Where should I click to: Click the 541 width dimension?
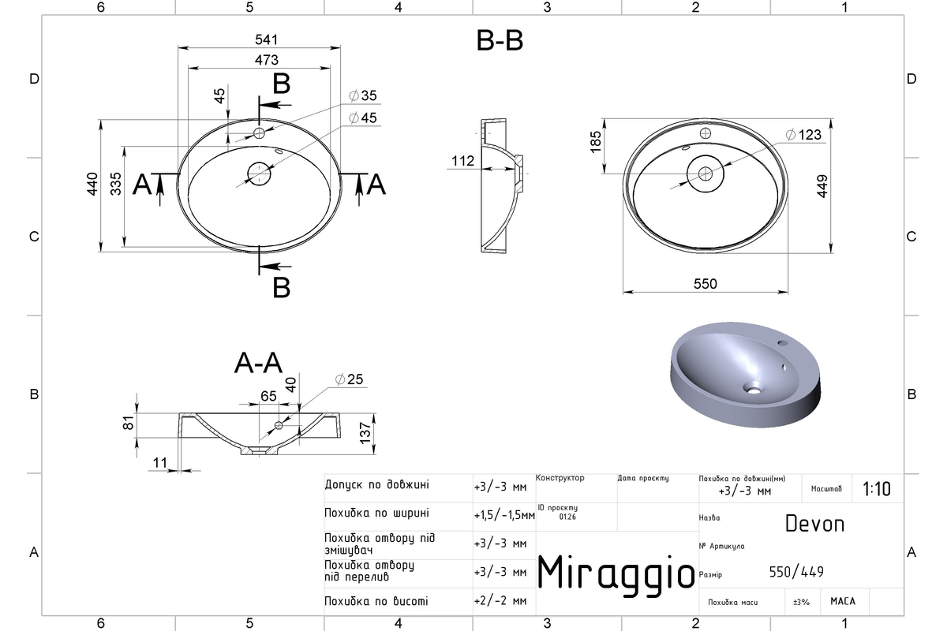coord(267,39)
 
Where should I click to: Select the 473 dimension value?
coord(267,60)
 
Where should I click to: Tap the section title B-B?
coord(500,41)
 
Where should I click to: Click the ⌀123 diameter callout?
coord(803,135)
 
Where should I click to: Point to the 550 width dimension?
coord(706,284)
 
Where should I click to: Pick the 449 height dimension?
coord(822,186)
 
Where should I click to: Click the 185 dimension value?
coord(595,142)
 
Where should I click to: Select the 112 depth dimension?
coord(462,161)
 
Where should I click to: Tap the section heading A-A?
coord(258,363)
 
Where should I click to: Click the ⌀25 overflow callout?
coord(349,379)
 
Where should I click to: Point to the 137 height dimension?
coord(365,433)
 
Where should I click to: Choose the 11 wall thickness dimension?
coord(159,463)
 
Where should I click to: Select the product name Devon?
coord(814,524)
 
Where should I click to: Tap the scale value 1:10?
coord(877,489)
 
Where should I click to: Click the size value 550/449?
coord(796,572)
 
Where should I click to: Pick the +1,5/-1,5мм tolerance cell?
coord(504,515)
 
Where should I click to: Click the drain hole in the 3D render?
coord(753,387)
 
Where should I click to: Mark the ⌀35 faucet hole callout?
coord(363,96)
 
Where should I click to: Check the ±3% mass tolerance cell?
coord(801,602)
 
